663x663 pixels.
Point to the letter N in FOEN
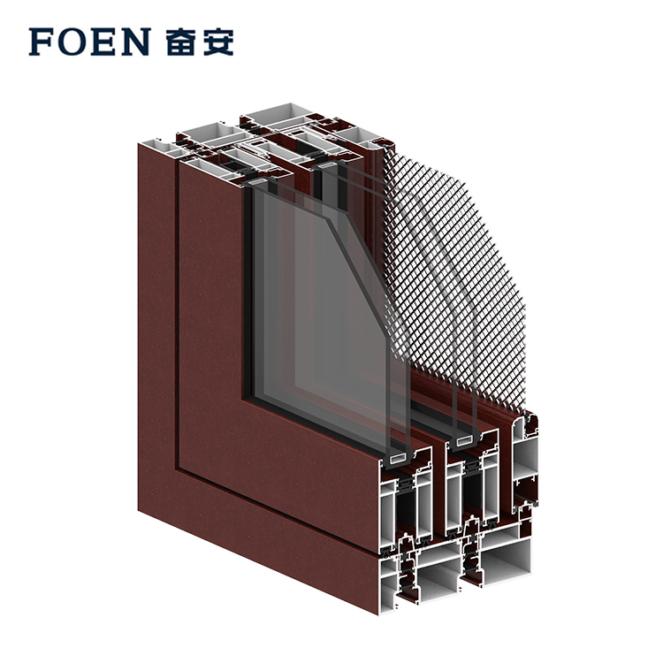135,42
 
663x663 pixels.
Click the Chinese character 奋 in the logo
181,42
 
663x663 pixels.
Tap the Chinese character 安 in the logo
217,42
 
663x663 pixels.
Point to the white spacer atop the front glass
258,182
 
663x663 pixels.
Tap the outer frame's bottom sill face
258,550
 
